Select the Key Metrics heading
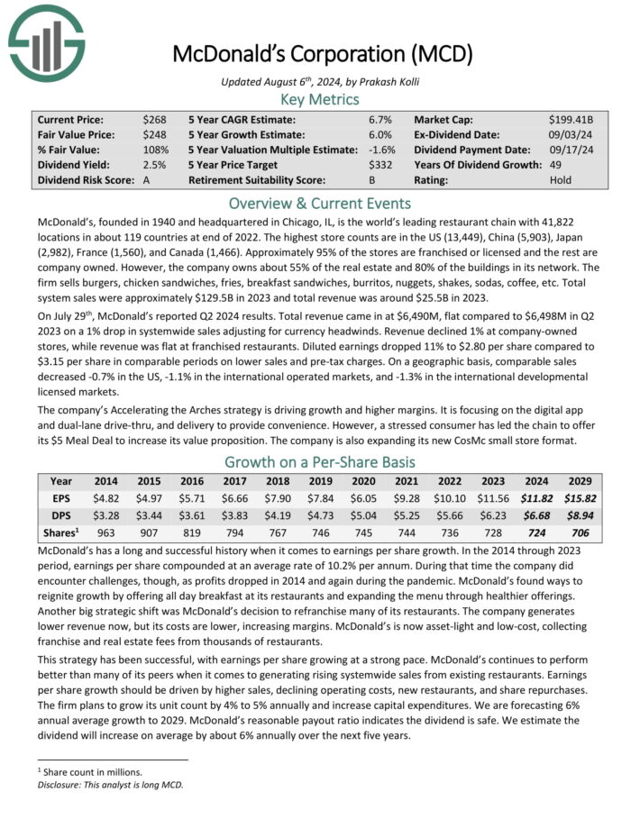(x=320, y=100)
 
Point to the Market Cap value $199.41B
(x=574, y=119)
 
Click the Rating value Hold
(x=561, y=180)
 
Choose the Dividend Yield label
(x=70, y=165)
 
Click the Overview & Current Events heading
(x=320, y=203)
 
